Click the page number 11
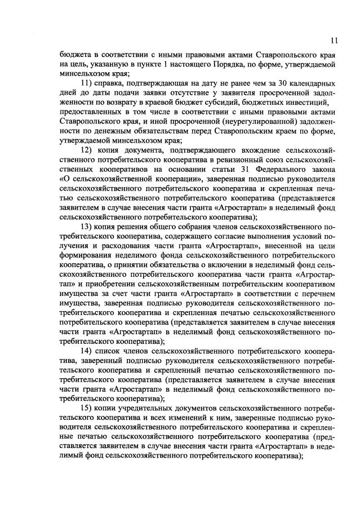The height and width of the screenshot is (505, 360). coord(334,41)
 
